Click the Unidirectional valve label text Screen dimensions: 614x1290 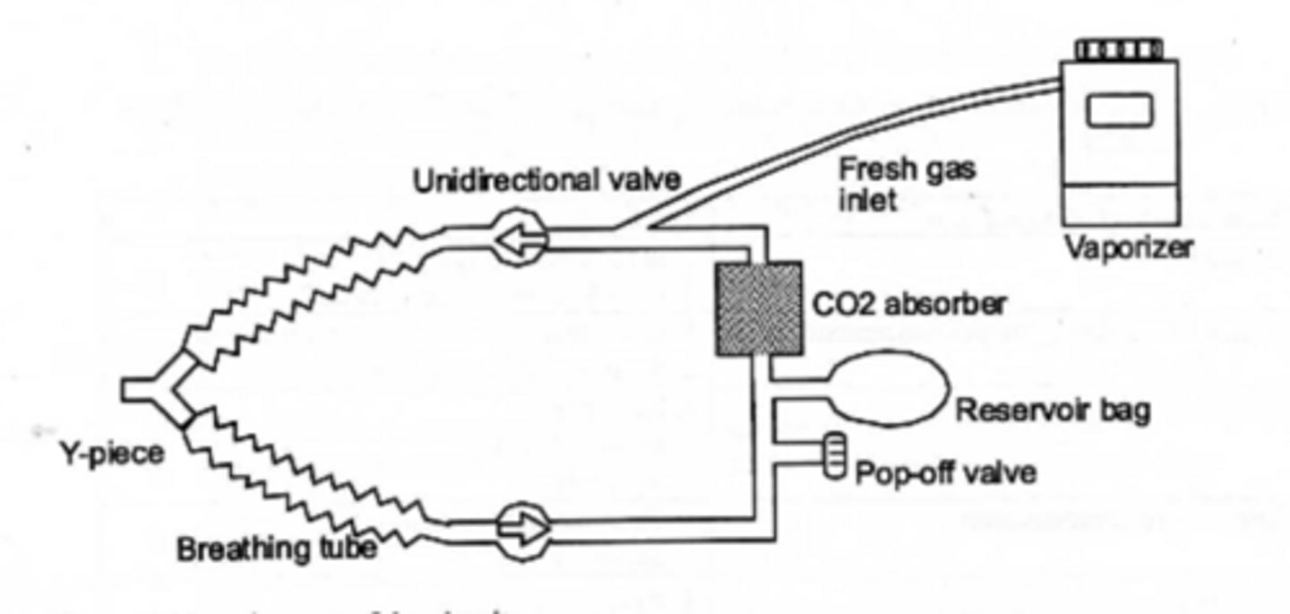pyautogui.click(x=546, y=181)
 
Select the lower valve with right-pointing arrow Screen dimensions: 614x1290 pyautogui.click(x=523, y=530)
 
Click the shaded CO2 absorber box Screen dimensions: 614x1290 pyautogui.click(x=758, y=307)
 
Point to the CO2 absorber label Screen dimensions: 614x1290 pyautogui.click(x=907, y=305)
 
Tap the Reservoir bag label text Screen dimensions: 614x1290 pyautogui.click(x=1053, y=411)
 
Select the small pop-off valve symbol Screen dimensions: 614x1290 pyautogui.click(x=834, y=455)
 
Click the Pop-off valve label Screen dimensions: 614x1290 pyautogui.click(x=945, y=472)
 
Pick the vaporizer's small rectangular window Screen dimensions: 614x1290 pyautogui.click(x=1119, y=110)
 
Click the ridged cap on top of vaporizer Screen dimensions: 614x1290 pyautogui.click(x=1119, y=50)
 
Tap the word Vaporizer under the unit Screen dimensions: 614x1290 pyautogui.click(x=1127, y=246)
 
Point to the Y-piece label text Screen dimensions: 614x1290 pyautogui.click(x=112, y=454)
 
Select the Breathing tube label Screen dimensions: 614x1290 pyautogui.click(x=276, y=549)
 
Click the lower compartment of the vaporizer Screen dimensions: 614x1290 pyautogui.click(x=1119, y=204)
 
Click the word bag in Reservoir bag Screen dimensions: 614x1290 pyautogui.click(x=1124, y=411)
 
